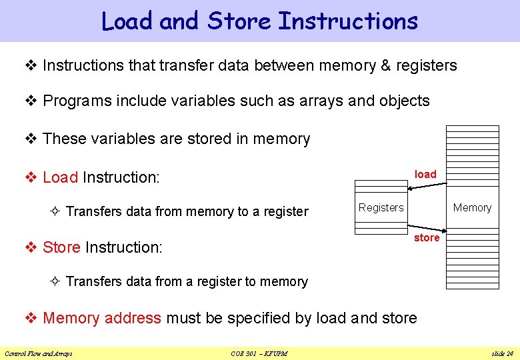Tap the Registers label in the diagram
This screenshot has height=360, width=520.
pyautogui.click(x=381, y=207)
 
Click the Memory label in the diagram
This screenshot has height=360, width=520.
pyautogui.click(x=472, y=207)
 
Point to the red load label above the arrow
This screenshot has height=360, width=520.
pyautogui.click(x=425, y=174)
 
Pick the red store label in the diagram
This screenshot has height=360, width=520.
pyautogui.click(x=427, y=237)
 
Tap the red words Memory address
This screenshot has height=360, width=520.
pyautogui.click(x=102, y=318)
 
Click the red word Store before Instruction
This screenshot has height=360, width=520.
pyautogui.click(x=61, y=247)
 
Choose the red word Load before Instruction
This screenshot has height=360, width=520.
pyautogui.click(x=60, y=177)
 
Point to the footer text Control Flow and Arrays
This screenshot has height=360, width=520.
pyautogui.click(x=39, y=353)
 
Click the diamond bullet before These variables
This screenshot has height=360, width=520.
pyautogui.click(x=30, y=139)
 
